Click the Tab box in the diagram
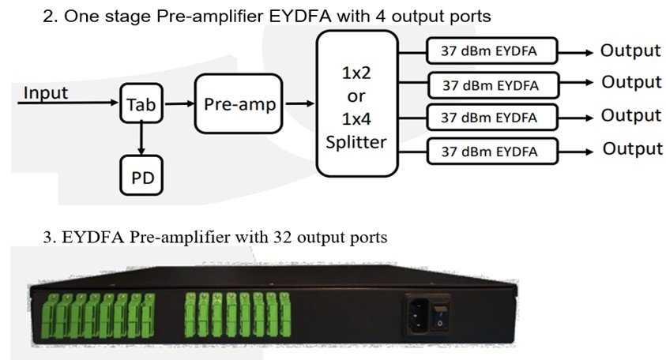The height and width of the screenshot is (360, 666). (x=141, y=103)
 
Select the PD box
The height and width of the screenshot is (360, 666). (x=141, y=175)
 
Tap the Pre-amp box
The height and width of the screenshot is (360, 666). (x=239, y=103)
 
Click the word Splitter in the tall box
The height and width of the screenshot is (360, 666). (x=356, y=142)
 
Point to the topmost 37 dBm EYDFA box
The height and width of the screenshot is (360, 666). (x=492, y=51)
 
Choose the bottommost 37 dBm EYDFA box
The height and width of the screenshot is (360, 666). (x=492, y=151)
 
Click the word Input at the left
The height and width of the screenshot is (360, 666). (x=46, y=93)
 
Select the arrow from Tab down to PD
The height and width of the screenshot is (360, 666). (x=141, y=139)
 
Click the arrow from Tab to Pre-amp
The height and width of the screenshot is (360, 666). (x=179, y=103)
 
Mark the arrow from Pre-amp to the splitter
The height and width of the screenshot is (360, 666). (x=300, y=103)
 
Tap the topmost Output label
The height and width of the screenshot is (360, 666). (x=630, y=51)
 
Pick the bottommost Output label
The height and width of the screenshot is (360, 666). (x=633, y=149)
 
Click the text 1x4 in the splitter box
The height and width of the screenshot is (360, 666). (x=356, y=119)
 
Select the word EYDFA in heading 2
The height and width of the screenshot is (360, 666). (x=300, y=16)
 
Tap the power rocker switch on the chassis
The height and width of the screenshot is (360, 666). (x=440, y=317)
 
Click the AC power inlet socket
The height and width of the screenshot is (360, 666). (x=419, y=316)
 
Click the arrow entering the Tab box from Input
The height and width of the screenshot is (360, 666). (x=68, y=103)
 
